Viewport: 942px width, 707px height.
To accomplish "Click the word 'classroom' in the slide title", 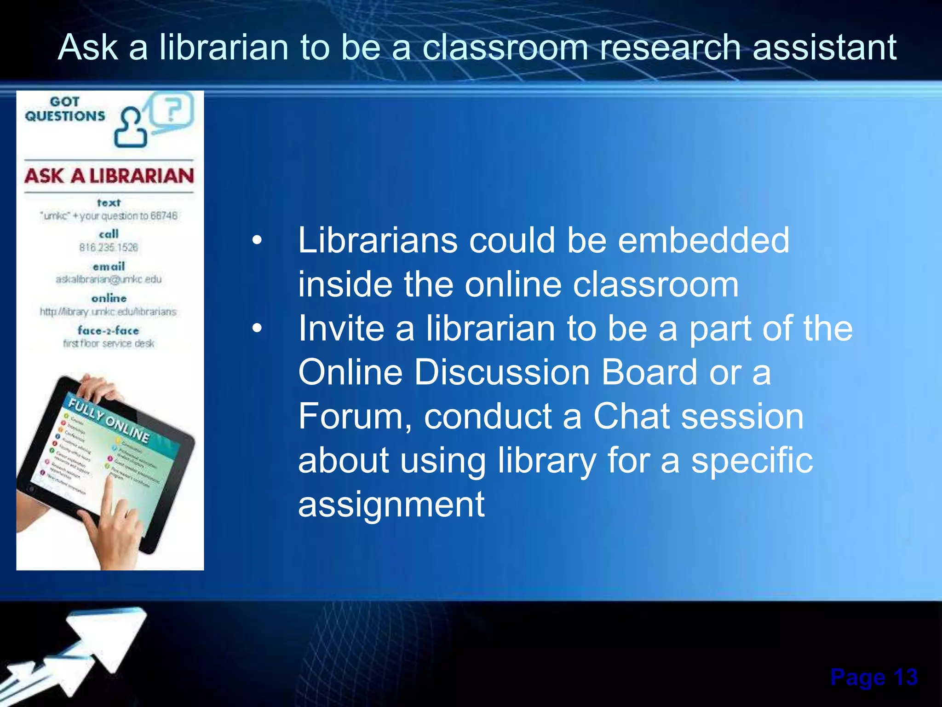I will pos(505,47).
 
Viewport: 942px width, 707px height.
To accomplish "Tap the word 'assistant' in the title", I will pos(824,47).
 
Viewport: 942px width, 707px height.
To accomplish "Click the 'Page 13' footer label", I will pos(873,677).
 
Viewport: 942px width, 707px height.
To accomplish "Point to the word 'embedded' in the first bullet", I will pos(703,240).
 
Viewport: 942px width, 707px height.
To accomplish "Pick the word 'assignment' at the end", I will pos(391,505).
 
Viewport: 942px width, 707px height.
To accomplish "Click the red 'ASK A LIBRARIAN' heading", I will pos(109,176).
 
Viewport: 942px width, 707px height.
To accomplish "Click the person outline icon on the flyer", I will pos(131,128).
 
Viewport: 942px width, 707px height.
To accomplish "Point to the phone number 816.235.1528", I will pos(109,248).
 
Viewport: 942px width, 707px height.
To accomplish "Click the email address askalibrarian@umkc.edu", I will pos(109,279).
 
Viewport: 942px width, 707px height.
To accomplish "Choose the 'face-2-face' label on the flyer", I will pos(109,330).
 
